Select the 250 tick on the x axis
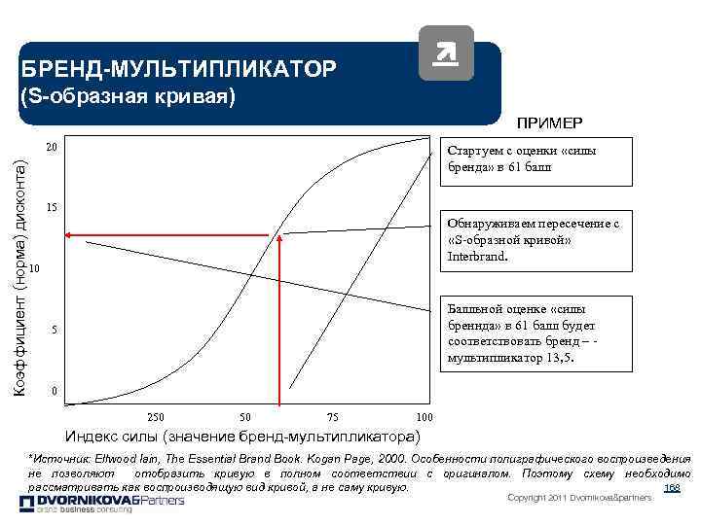click(x=156, y=416)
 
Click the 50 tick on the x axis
click(x=245, y=416)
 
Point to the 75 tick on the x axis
click(x=334, y=416)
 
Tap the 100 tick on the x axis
click(x=423, y=416)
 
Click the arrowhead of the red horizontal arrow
click(x=70, y=234)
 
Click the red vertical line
click(x=280, y=321)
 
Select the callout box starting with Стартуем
click(x=534, y=158)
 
